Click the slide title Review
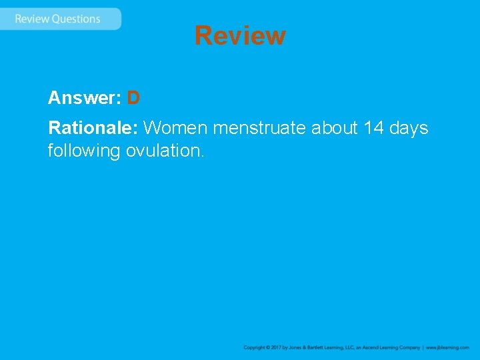click(x=240, y=35)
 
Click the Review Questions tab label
click(x=58, y=19)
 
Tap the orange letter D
click(x=133, y=98)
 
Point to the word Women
click(x=175, y=127)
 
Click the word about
click(x=335, y=127)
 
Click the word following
click(x=84, y=151)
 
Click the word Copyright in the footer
click(x=254, y=347)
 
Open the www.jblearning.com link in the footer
click(x=447, y=347)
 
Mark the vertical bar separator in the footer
click(x=423, y=347)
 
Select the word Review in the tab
click(x=32, y=19)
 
